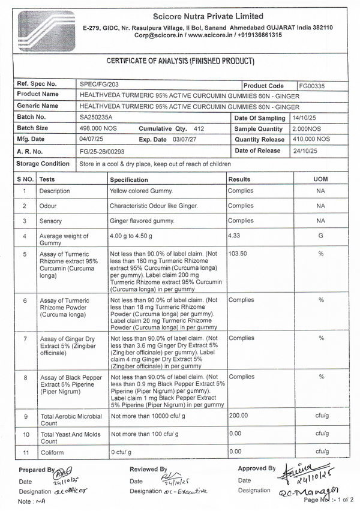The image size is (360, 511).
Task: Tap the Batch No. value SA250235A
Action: click(96, 118)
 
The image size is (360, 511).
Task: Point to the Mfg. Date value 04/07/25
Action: click(92, 139)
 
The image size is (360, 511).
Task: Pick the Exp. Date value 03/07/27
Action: click(185, 139)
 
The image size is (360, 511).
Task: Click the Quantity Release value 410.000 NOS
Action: click(311, 139)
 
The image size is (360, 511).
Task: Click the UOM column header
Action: click(320, 179)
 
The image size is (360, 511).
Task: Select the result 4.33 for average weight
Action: click(235, 236)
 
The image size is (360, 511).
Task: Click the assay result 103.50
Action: click(238, 254)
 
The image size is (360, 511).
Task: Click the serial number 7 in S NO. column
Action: click(25, 339)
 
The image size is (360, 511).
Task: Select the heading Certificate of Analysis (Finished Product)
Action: click(180, 61)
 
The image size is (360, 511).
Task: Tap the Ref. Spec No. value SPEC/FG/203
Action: click(97, 85)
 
